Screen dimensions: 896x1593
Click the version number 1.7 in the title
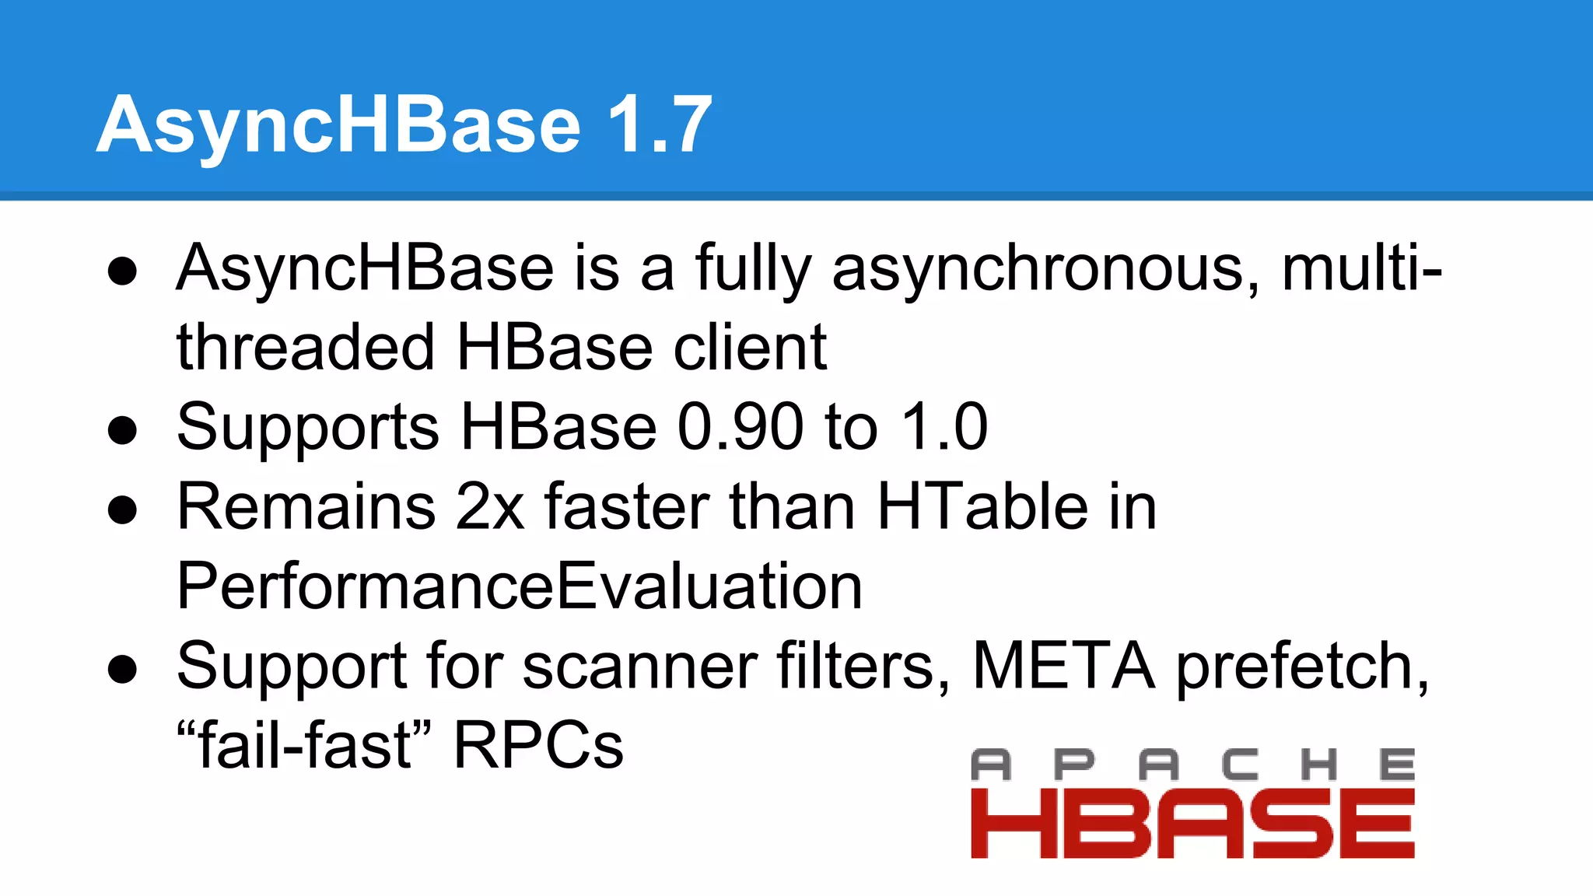tap(659, 124)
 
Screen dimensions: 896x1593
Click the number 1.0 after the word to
tap(944, 427)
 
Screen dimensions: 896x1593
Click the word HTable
tap(982, 507)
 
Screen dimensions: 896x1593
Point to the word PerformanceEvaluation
tap(520, 586)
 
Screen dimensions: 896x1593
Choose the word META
tap(1063, 666)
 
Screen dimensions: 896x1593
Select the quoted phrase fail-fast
tap(304, 745)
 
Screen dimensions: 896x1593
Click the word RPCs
tap(538, 745)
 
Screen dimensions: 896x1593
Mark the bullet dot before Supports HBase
tap(123, 430)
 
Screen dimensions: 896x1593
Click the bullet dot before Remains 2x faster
tap(123, 510)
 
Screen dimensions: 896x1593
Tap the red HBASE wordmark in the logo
tap(1192, 824)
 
